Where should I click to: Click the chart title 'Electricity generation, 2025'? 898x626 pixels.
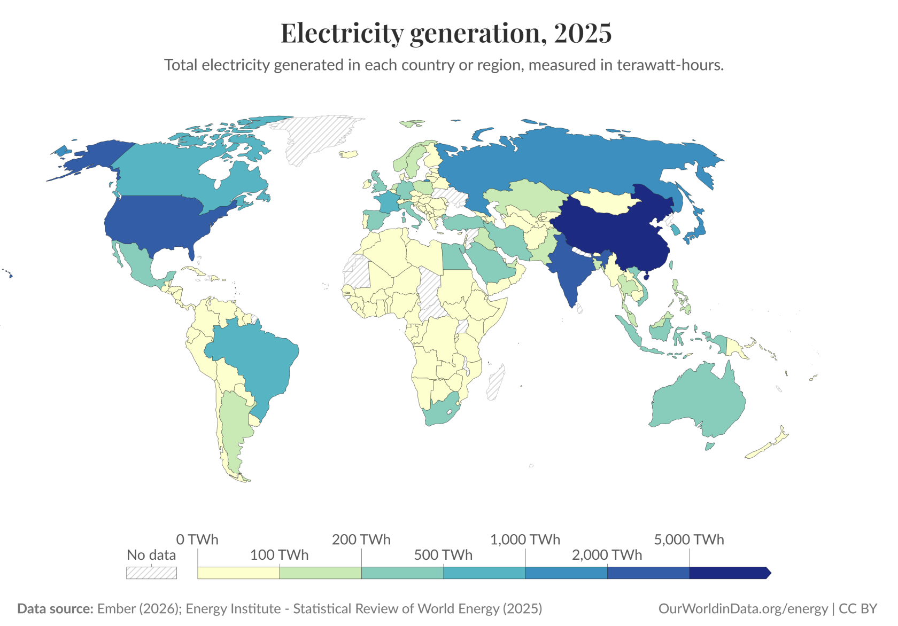pos(446,33)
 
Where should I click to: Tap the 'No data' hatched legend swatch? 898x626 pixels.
pos(151,573)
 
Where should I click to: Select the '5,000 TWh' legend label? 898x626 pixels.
pos(688,539)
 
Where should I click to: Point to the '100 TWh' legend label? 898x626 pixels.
pos(279,555)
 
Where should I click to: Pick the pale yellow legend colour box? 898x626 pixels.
pos(238,573)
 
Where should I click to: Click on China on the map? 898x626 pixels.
pos(615,230)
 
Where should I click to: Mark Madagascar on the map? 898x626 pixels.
pos(496,382)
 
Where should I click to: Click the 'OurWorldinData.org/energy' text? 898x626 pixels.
pos(743,608)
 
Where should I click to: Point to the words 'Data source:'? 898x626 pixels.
pos(55,608)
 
